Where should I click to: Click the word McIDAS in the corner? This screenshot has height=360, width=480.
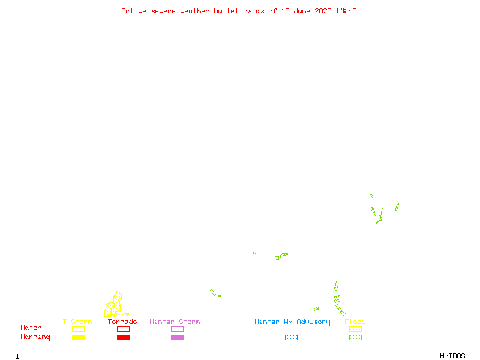tap(452, 356)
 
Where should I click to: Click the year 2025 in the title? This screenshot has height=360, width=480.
tap(323, 11)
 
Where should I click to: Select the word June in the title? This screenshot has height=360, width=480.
tap(302, 11)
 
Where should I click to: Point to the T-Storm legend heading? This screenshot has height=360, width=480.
tap(77, 322)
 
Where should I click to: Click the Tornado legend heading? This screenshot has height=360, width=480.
tap(122, 322)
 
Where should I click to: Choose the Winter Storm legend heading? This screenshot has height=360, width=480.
tap(175, 322)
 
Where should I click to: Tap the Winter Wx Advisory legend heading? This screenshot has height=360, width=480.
tap(292, 322)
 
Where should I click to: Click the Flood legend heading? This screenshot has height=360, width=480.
tap(355, 322)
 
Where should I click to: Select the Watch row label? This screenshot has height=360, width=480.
tap(31, 328)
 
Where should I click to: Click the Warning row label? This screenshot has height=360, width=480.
tap(35, 337)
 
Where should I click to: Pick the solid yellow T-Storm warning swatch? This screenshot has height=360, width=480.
tap(79, 337)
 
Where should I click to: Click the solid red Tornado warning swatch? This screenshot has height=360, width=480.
tap(124, 337)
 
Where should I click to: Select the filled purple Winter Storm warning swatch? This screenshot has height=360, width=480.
tap(177, 337)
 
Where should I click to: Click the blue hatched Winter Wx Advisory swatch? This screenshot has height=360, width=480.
tap(291, 337)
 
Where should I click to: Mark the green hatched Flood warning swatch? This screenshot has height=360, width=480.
tap(355, 337)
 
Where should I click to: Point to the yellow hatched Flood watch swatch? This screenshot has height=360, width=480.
tap(355, 329)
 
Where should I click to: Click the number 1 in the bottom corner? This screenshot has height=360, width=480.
tap(17, 356)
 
